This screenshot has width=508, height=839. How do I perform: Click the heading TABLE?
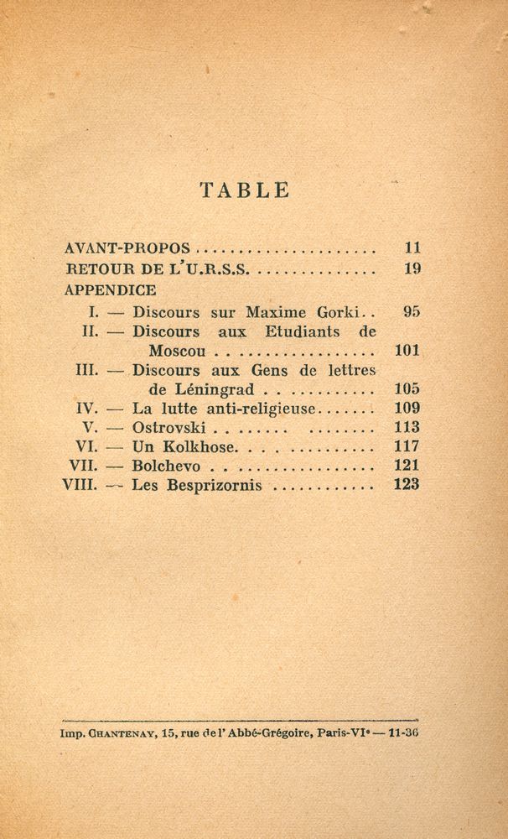coord(244,190)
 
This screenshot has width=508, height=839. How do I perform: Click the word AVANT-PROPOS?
coord(127,249)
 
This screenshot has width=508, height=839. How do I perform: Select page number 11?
coord(411,248)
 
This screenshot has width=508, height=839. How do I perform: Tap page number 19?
coord(411,270)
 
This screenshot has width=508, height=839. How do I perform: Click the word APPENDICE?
coord(110,290)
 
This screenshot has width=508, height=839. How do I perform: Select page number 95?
coord(411,311)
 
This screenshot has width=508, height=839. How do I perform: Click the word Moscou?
coord(180,351)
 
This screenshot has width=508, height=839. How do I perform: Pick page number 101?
coord(407,351)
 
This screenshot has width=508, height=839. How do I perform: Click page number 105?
coord(407,390)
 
